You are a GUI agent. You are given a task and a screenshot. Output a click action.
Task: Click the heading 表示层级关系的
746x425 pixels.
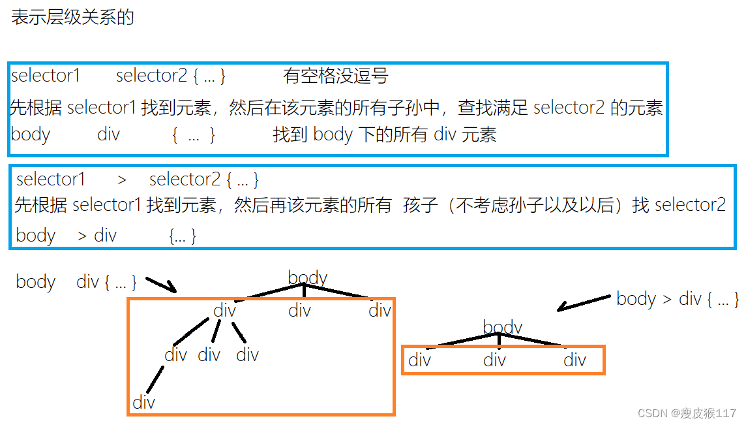tap(72, 17)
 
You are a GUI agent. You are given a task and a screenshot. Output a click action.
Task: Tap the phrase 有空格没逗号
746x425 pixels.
tap(336, 76)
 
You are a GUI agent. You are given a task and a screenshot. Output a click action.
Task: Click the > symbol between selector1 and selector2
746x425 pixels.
tap(122, 179)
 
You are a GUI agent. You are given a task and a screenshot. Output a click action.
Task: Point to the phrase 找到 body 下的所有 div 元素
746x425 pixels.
tap(385, 134)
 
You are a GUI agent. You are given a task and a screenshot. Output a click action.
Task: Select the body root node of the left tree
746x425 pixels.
tap(307, 277)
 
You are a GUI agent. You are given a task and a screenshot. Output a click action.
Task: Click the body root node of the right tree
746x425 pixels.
tap(503, 326)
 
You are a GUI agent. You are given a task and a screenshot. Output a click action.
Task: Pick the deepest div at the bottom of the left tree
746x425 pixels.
tap(143, 402)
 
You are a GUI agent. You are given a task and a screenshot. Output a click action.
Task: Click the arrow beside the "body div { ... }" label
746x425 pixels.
tap(160, 285)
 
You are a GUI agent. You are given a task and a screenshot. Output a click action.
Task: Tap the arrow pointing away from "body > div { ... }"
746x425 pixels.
tap(584, 302)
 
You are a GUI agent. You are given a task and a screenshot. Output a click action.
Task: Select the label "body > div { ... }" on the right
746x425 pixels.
tap(678, 299)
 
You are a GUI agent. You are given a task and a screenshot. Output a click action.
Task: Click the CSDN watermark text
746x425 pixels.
tap(687, 413)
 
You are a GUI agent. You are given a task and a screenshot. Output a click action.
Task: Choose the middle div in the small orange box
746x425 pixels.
tap(494, 360)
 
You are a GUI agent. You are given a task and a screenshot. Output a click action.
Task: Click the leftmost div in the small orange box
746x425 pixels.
tap(419, 360)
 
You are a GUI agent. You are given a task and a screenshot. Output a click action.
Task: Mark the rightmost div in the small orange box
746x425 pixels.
tap(574, 360)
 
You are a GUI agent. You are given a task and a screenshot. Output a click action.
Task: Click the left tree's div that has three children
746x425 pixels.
tap(224, 310)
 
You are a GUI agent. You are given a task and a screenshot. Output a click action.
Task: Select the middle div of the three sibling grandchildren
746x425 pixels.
tap(209, 354)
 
